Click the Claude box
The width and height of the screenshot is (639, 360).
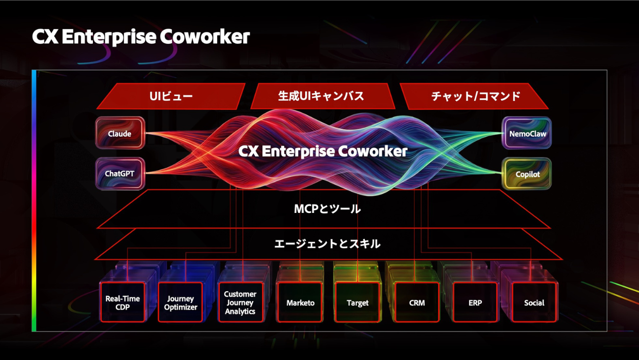tap(120, 133)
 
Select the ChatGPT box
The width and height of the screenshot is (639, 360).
tap(120, 173)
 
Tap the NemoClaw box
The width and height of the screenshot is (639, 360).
tap(526, 133)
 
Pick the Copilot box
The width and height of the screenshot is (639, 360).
tap(526, 174)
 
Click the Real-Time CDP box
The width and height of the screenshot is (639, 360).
tap(123, 302)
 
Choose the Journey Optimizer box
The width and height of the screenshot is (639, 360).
tap(180, 302)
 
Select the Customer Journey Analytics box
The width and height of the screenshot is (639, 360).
tap(240, 302)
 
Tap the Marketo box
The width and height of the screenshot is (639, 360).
tap(300, 302)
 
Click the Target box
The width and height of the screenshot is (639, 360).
tap(358, 302)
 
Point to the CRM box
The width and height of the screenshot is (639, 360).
tap(417, 302)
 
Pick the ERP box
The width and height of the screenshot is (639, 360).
tap(475, 302)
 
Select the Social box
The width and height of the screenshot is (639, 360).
tap(534, 302)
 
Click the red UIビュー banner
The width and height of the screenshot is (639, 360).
tap(171, 96)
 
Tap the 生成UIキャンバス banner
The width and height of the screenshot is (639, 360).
tap(322, 96)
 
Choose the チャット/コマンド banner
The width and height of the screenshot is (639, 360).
tap(474, 96)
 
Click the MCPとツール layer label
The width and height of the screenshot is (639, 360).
tap(327, 209)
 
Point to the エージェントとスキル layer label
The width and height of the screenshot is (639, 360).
tap(327, 244)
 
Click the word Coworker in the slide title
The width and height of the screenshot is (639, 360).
tap(205, 36)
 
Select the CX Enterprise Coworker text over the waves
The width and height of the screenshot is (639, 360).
tap(322, 151)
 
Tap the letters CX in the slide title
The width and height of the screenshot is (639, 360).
tap(45, 36)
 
